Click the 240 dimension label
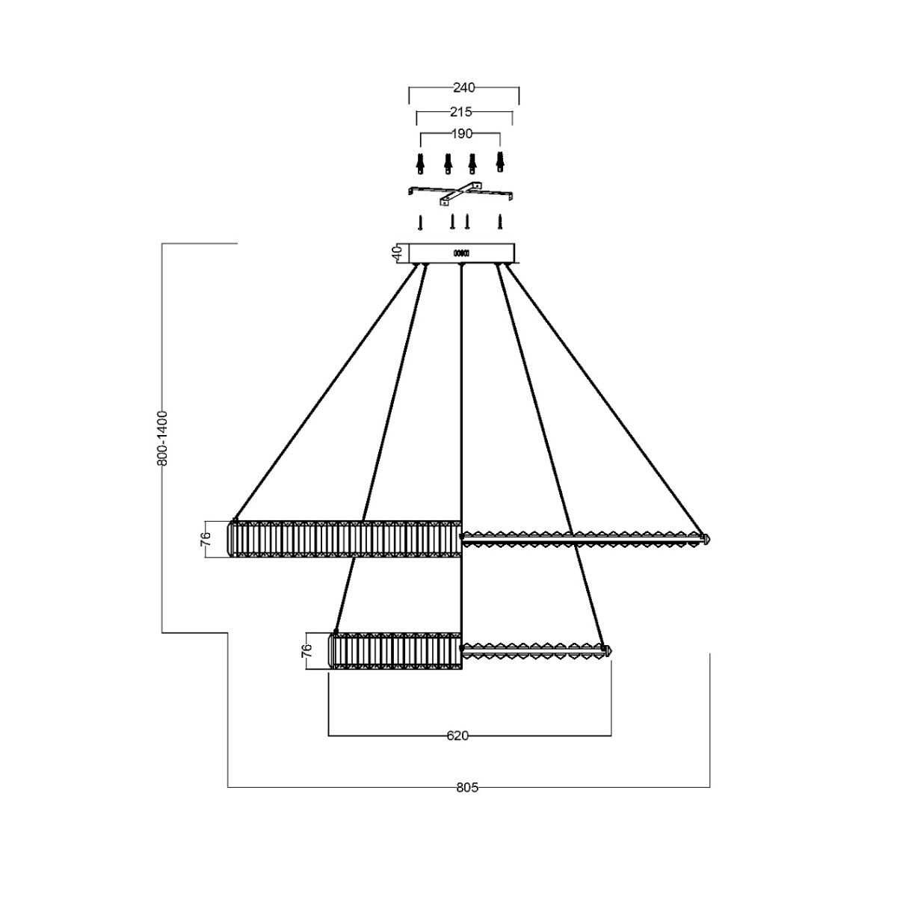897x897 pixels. click(x=463, y=87)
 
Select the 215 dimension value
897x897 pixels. click(x=461, y=112)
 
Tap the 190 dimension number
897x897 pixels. click(x=462, y=134)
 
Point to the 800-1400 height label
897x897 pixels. click(x=164, y=438)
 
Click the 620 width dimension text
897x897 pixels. click(x=457, y=736)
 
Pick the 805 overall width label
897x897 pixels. click(x=467, y=786)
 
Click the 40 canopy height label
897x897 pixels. click(x=398, y=252)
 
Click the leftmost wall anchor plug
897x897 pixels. click(x=420, y=162)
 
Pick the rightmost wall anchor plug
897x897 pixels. click(x=501, y=162)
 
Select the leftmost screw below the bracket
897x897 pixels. click(x=421, y=222)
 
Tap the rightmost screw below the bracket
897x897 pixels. click(x=501, y=222)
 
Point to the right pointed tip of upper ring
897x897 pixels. click(x=706, y=537)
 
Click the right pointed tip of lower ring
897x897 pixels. click(x=609, y=650)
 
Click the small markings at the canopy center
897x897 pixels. click(x=461, y=253)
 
